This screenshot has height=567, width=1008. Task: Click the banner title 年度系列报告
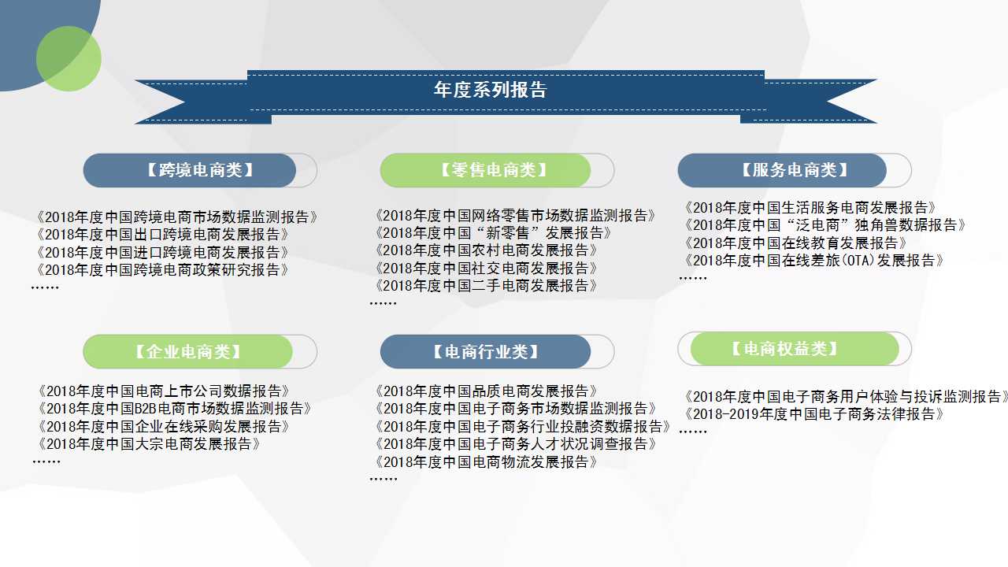[x=490, y=90]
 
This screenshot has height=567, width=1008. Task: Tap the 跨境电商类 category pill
[x=190, y=170]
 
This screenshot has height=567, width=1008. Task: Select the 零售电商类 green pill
[x=486, y=170]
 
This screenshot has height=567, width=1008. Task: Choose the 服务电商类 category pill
[x=782, y=170]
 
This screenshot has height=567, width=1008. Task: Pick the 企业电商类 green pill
[x=187, y=351]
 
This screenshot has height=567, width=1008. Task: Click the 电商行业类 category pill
[x=486, y=351]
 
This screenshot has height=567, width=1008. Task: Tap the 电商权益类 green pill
[x=795, y=349]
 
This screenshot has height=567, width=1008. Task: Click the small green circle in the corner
[x=69, y=58]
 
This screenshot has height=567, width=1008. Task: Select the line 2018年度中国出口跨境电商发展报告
[x=162, y=235]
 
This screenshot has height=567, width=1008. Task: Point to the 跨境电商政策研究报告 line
[x=162, y=270]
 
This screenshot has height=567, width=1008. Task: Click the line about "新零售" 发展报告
[x=493, y=233]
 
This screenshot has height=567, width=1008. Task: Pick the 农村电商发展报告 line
[x=486, y=250]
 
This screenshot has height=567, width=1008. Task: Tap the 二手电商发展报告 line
[x=486, y=286]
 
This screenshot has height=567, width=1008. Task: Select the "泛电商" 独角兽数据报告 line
[x=825, y=225]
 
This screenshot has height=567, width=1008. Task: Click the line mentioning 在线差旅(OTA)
[x=813, y=261]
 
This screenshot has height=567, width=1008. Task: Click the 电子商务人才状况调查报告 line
[x=515, y=444]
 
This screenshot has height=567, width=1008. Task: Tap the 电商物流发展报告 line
[x=486, y=462]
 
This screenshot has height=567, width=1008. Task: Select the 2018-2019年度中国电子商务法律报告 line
[x=813, y=414]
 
